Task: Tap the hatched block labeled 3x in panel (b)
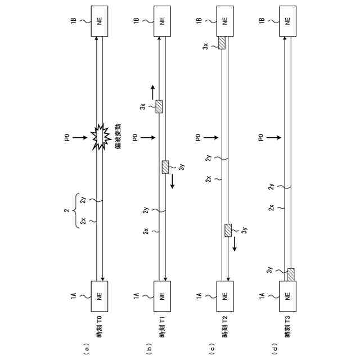[x=159, y=106]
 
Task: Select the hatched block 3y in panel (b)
[x=165, y=167]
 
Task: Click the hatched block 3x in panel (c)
[x=222, y=43]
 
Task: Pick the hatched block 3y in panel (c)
[x=228, y=230]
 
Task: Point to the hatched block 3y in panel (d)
[x=291, y=274]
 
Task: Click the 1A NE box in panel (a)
[x=100, y=296]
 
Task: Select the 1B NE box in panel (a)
[x=100, y=21]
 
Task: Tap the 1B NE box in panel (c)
[x=225, y=21]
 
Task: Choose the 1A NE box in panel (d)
[x=287, y=296]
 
